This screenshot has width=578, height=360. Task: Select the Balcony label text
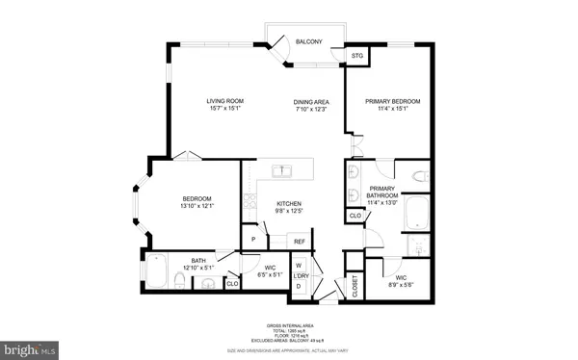click(308, 42)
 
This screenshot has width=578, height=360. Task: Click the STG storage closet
click(358, 56)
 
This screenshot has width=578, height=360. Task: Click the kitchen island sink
click(282, 171)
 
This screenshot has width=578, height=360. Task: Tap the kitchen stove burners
click(249, 203)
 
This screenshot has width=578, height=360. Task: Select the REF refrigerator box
click(299, 241)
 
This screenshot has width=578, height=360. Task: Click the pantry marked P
click(253, 239)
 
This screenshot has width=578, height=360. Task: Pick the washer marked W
click(299, 264)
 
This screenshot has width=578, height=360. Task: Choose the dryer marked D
click(299, 286)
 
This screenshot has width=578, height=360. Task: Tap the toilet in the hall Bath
click(180, 280)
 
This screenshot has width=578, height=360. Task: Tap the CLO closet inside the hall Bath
click(231, 283)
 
